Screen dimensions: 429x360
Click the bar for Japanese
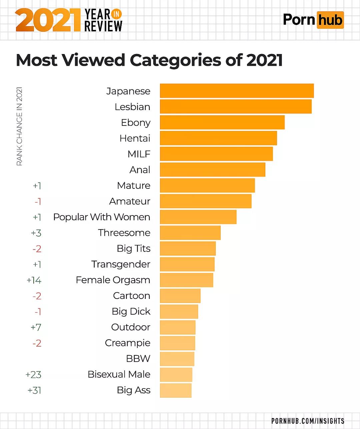237,91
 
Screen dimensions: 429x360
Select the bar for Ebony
222,122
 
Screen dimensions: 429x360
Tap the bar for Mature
207,185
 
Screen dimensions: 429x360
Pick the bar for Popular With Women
198,217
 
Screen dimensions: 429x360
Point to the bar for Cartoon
180,296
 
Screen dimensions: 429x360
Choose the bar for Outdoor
178,327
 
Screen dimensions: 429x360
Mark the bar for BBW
177,359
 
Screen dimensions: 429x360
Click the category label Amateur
130,201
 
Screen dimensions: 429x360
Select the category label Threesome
124,233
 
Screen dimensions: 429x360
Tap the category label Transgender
121,264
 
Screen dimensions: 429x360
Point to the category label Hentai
135,138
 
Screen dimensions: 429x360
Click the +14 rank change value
34,280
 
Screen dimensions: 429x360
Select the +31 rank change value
34,390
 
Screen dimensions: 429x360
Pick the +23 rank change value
33,375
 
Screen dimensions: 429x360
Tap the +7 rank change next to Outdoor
36,327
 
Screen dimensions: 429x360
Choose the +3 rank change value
36,233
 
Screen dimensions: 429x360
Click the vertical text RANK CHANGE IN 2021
19,126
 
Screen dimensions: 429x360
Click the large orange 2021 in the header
48,20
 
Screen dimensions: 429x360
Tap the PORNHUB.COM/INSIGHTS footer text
308,421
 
